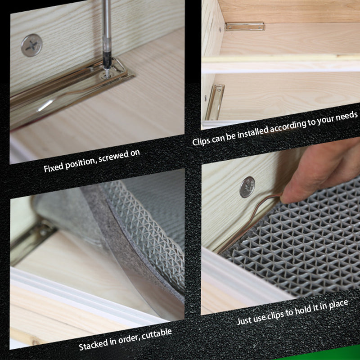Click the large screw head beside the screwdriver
tap(31, 45)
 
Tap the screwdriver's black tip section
tap(107, 60)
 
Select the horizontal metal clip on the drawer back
tap(245, 26)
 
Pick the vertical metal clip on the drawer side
tap(215, 102)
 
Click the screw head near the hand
tap(247, 187)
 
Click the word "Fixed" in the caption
tap(54, 167)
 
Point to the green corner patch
tap(326, 355)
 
